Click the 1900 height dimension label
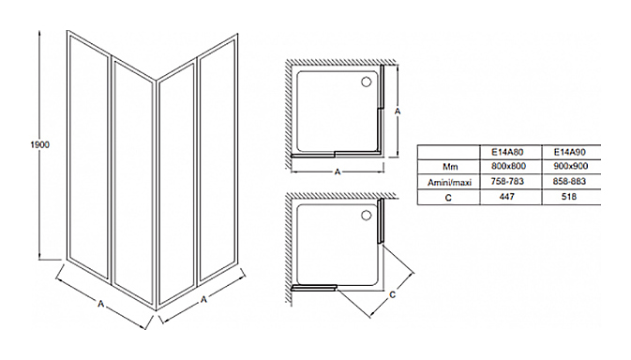click(x=39, y=144)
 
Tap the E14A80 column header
click(x=507, y=152)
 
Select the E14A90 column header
click(x=569, y=152)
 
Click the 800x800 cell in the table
click(x=508, y=166)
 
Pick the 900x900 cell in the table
click(x=571, y=166)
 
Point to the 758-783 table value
click(x=507, y=182)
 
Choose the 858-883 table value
click(x=569, y=182)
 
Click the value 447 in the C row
click(x=506, y=196)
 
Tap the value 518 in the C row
click(x=568, y=196)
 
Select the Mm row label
click(x=450, y=167)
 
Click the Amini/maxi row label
click(x=449, y=183)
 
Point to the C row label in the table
click(x=448, y=198)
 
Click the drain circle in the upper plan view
click(x=366, y=82)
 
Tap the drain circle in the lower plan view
click(x=366, y=216)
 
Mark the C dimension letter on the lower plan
click(x=393, y=294)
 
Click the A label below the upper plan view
click(x=338, y=172)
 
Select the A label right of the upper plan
click(x=398, y=111)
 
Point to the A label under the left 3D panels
click(x=101, y=304)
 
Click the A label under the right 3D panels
click(x=204, y=300)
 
